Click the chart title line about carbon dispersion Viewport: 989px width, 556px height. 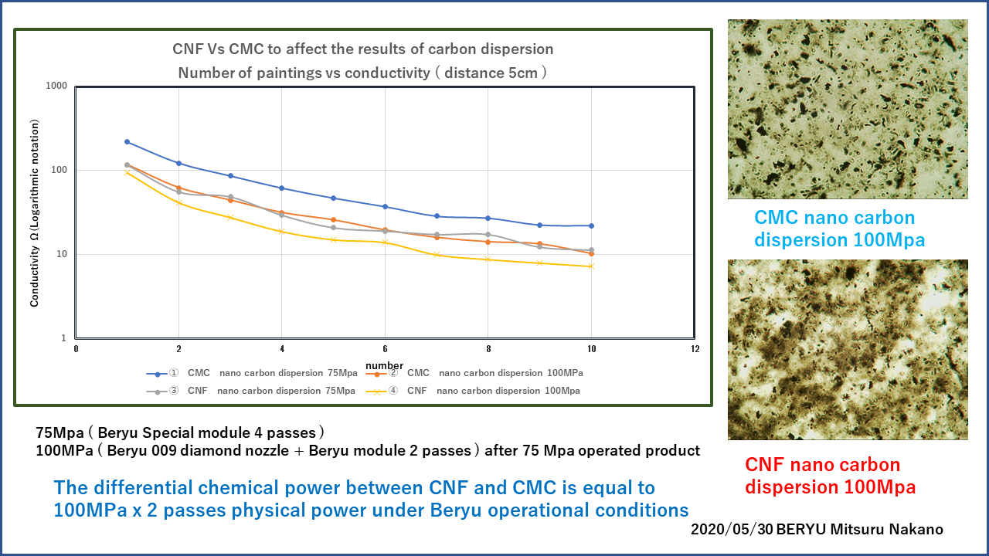pos(362,49)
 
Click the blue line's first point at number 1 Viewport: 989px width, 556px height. pos(127,142)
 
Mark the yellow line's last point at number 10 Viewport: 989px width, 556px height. pos(591,266)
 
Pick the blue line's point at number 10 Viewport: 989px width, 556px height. pos(591,225)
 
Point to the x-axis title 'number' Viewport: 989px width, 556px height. pos(385,365)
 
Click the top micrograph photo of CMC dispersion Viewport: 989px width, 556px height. pos(848,109)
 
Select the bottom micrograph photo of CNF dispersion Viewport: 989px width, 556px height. pos(848,350)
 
